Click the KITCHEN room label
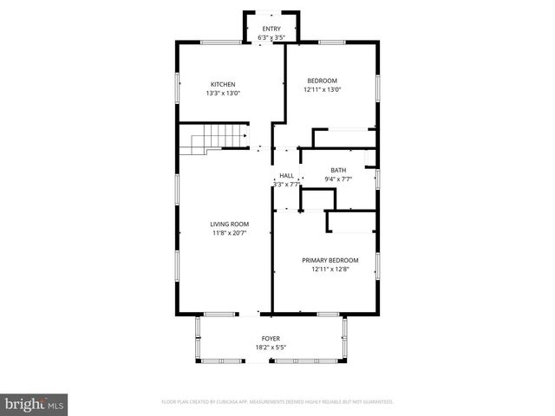(221, 84)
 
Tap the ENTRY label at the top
(271, 29)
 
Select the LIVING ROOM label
(229, 224)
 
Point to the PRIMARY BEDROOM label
(330, 260)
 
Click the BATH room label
(338, 170)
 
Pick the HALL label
(286, 175)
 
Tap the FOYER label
(271, 338)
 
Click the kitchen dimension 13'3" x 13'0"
(223, 93)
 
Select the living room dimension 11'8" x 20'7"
(229, 232)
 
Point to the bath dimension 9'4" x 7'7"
(338, 179)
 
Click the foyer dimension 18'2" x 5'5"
(271, 347)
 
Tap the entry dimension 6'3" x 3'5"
(271, 37)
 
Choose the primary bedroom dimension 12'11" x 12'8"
(330, 269)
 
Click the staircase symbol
(212, 139)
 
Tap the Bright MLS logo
(35, 404)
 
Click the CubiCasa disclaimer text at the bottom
(277, 402)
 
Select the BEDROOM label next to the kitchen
(320, 81)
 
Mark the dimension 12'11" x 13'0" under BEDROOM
(322, 89)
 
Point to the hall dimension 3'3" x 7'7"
(286, 184)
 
